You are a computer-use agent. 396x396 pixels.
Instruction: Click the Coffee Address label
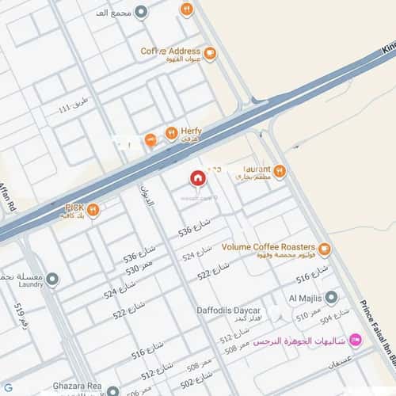(x=170, y=51)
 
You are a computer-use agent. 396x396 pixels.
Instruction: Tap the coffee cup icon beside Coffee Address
(x=209, y=54)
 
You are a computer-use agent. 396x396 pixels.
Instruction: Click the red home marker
(x=197, y=178)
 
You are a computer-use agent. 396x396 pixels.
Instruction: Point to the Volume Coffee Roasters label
(x=268, y=247)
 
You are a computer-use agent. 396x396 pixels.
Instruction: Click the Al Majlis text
(x=303, y=298)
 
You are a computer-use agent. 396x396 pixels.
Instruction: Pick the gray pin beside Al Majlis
(x=332, y=298)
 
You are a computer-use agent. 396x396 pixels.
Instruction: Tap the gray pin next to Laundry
(x=52, y=280)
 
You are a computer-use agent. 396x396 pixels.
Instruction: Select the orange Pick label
(x=74, y=208)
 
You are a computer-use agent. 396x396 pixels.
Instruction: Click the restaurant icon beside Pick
(x=93, y=210)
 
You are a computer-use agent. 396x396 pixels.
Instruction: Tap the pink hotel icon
(x=355, y=341)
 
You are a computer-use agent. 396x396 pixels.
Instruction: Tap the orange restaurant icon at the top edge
(x=187, y=10)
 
